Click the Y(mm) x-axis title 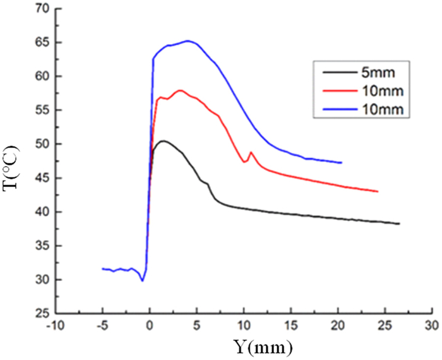pyautogui.click(x=243, y=347)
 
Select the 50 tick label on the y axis pyautogui.click(x=39, y=144)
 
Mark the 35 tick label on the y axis pyautogui.click(x=39, y=246)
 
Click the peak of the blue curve pyautogui.click(x=188, y=40)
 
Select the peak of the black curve pyautogui.click(x=163, y=141)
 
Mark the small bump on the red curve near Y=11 pyautogui.click(x=251, y=152)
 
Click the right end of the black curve pyautogui.click(x=399, y=224)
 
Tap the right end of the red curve pyautogui.click(x=378, y=191)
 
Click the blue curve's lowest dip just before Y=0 pyautogui.click(x=143, y=281)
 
